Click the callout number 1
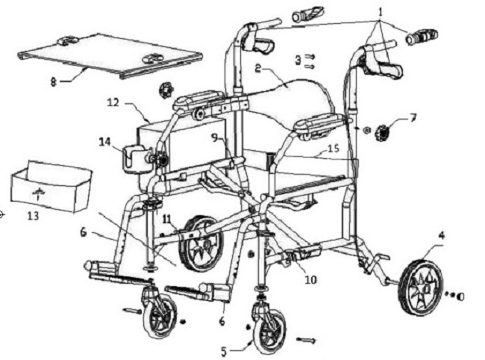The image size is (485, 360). click(x=381, y=13)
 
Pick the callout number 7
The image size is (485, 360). click(x=413, y=117)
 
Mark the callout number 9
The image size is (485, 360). click(x=214, y=137)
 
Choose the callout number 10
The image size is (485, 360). click(x=310, y=280)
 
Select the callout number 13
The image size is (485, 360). click(x=32, y=217)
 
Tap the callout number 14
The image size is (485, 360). click(x=104, y=140)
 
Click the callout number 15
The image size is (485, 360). click(x=333, y=149)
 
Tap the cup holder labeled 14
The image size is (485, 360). click(x=133, y=158)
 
